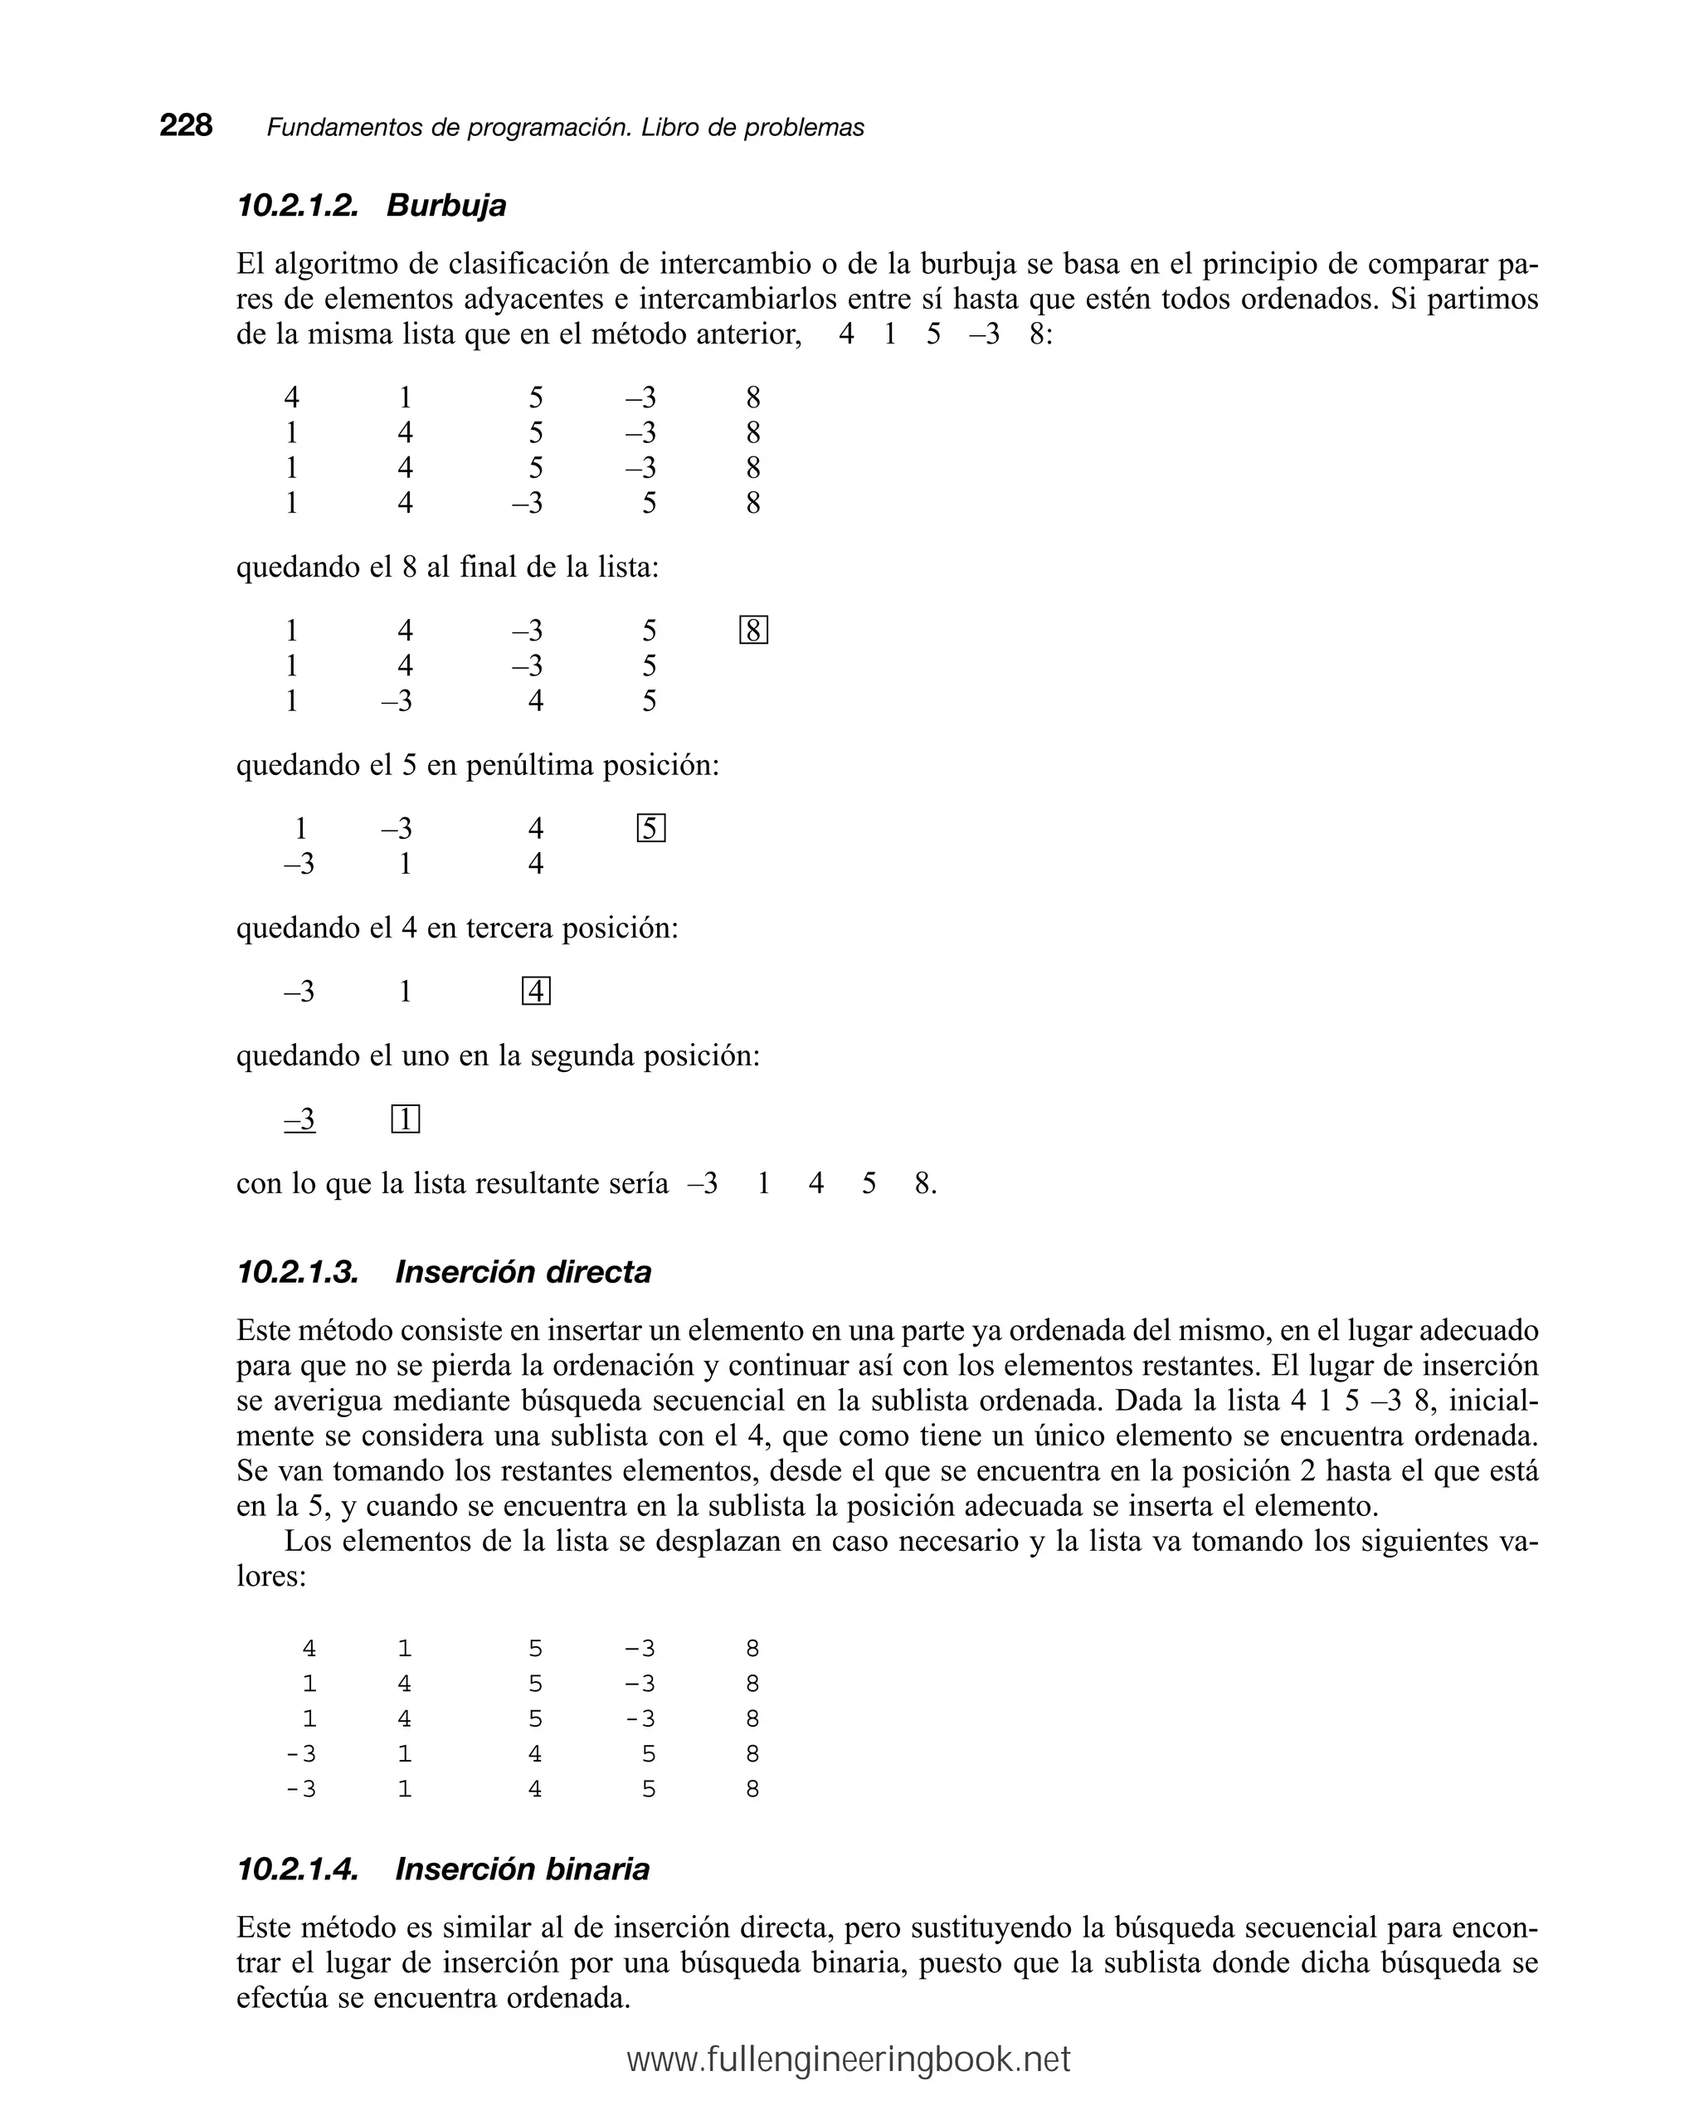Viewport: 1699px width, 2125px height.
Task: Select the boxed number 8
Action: [x=753, y=631]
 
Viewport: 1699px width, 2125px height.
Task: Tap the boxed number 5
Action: [x=650, y=829]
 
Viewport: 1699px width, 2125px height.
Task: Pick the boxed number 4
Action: [x=535, y=992]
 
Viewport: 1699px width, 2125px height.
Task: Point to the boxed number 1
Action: [x=405, y=1119]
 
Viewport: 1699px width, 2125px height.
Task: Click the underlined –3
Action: [x=299, y=1119]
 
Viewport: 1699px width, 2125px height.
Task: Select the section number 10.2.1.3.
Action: [x=298, y=1273]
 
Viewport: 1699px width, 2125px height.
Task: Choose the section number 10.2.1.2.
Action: [x=297, y=205]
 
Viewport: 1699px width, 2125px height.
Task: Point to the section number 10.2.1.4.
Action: [x=298, y=1869]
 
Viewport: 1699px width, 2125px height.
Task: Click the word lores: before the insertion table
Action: [x=271, y=1576]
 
